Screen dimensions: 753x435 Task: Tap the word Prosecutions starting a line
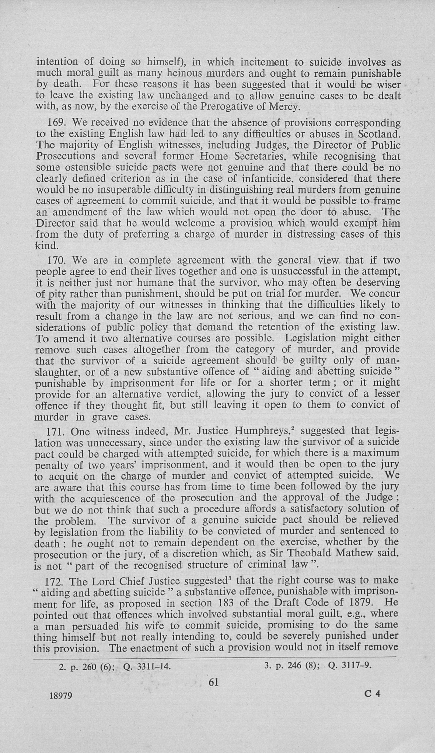66,156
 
